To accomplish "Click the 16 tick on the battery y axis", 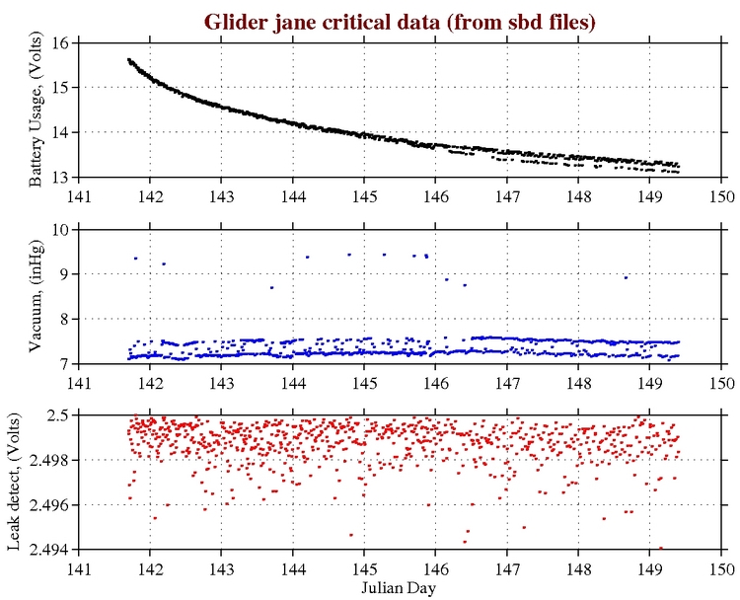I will click(x=59, y=42).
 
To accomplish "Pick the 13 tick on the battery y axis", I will click(x=59, y=178).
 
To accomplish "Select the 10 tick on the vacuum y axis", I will click(x=59, y=229).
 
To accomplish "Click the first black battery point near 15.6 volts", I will click(x=129, y=59).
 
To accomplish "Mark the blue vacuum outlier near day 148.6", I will click(x=626, y=277).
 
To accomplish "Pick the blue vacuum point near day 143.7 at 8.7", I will click(x=271, y=287).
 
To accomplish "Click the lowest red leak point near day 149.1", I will click(x=660, y=548).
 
